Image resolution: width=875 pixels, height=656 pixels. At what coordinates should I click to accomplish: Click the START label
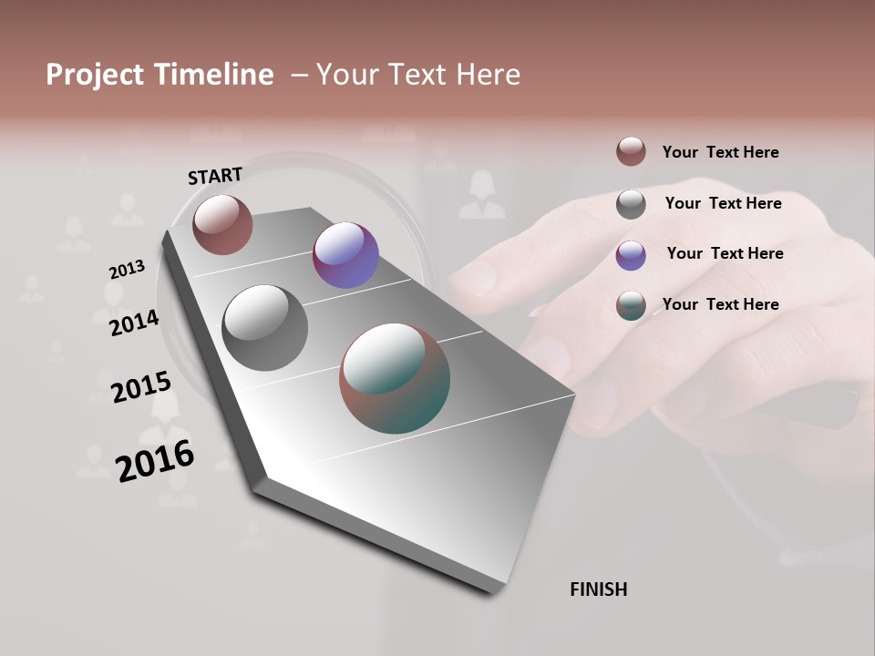(215, 175)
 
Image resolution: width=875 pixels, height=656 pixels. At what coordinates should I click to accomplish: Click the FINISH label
(598, 589)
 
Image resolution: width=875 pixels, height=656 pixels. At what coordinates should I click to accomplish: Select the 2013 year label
(127, 270)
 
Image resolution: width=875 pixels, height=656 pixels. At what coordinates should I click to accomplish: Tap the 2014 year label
(134, 323)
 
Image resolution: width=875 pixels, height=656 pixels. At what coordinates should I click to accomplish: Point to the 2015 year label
(141, 387)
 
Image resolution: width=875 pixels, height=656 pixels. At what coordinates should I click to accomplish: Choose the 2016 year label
(155, 460)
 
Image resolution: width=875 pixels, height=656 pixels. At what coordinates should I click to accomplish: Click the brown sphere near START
(222, 224)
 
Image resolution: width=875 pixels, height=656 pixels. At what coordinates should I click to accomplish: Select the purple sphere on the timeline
(345, 255)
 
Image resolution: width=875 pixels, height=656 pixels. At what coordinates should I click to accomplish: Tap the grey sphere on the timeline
(265, 327)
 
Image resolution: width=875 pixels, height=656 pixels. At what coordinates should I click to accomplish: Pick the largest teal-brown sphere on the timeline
(395, 378)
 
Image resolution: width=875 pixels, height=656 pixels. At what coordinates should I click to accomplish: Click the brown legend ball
(631, 151)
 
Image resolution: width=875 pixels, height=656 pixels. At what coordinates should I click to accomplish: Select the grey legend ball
(631, 204)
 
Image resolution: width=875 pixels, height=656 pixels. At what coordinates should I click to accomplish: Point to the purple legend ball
(631, 255)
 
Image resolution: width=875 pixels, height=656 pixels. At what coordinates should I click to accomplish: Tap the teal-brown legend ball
(631, 306)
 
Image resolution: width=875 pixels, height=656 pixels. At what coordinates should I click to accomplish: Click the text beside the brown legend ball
(720, 152)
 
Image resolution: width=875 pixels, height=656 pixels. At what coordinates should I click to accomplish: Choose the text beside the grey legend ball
(723, 203)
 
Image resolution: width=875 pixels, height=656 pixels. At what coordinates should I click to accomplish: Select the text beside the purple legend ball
(725, 253)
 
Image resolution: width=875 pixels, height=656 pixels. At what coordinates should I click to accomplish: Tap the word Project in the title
(95, 75)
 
